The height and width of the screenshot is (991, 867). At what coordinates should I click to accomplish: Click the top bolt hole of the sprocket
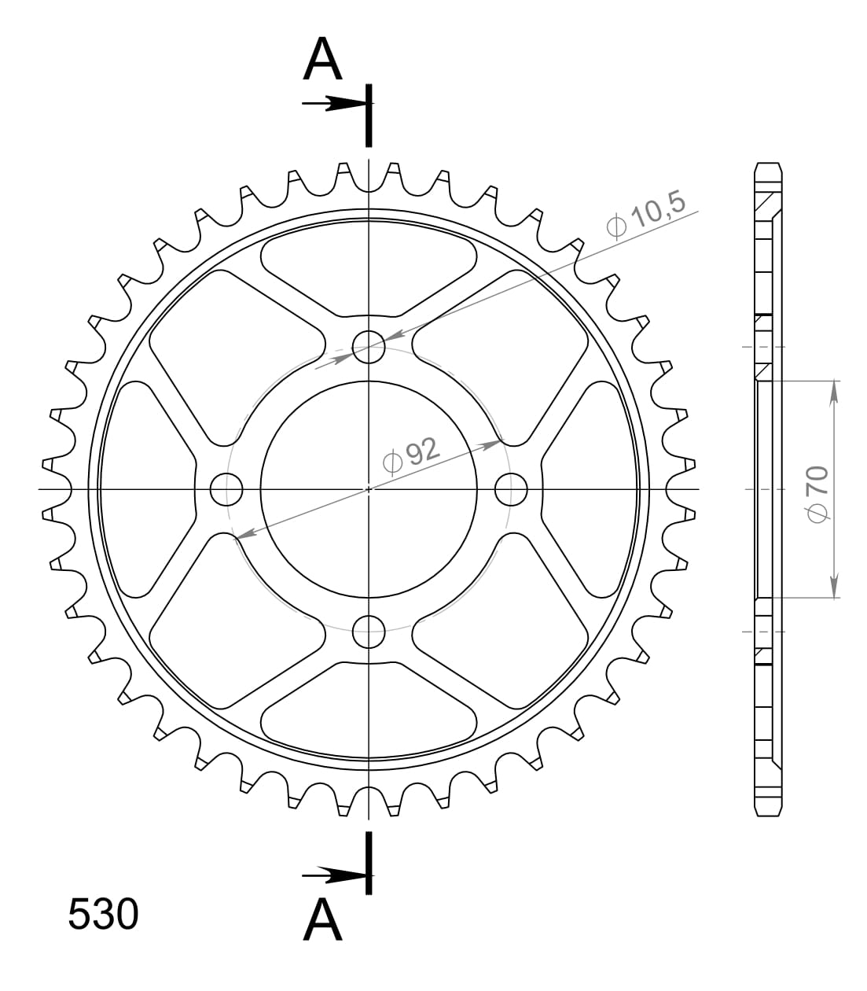tap(368, 346)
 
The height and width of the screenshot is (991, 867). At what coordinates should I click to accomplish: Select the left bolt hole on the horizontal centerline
tap(226, 489)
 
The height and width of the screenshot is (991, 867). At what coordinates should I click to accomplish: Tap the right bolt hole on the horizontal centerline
tap(511, 489)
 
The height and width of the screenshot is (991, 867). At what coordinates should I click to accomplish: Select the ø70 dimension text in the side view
tap(816, 492)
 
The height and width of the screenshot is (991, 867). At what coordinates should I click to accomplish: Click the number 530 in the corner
tap(103, 915)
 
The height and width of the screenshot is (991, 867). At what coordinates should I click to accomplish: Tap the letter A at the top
tap(323, 60)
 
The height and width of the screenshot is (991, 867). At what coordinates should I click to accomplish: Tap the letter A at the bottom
tap(323, 919)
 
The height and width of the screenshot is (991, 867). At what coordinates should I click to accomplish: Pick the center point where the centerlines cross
tap(368, 489)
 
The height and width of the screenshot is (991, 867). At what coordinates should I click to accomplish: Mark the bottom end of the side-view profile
tap(769, 813)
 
